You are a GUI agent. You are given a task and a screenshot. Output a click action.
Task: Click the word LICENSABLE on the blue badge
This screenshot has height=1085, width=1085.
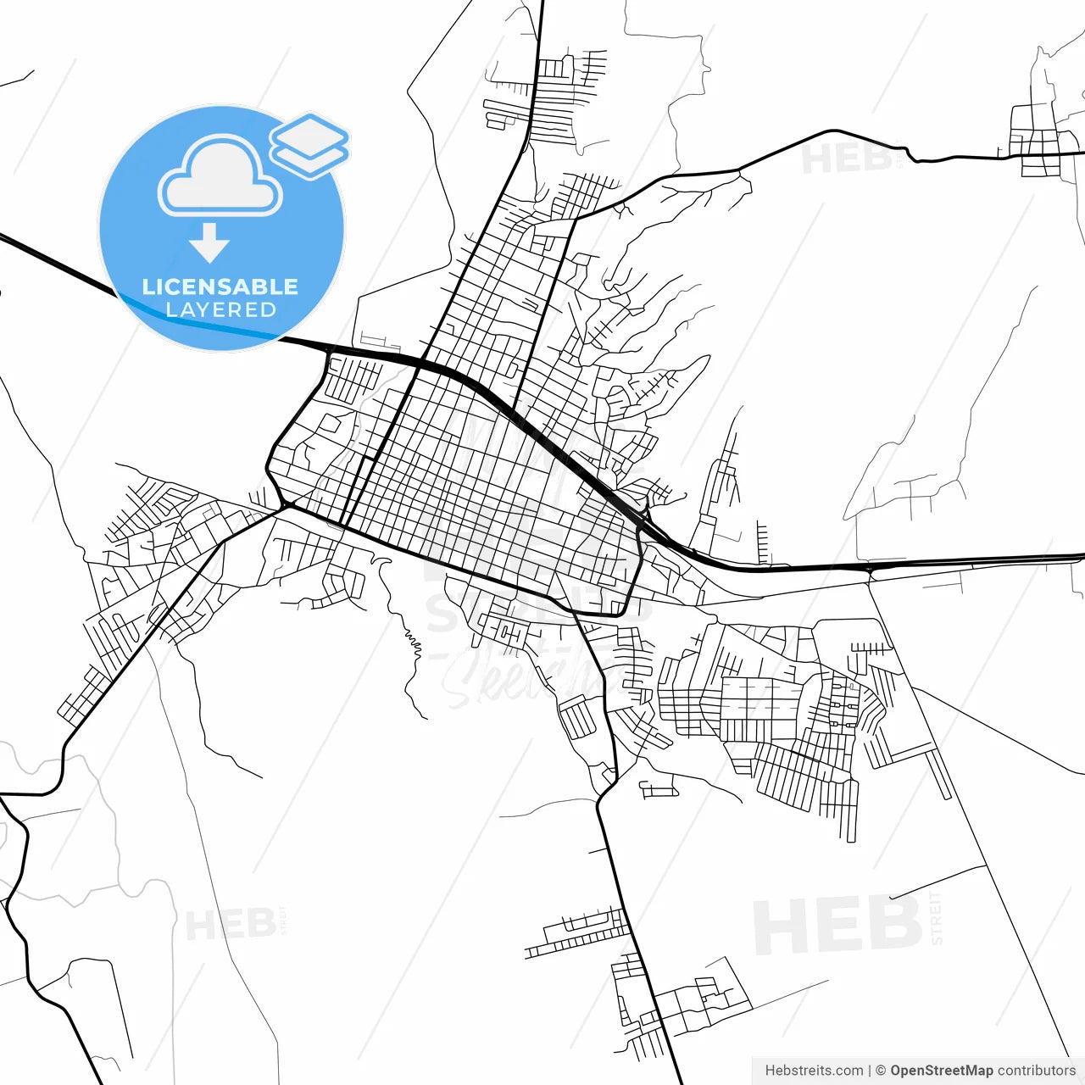click(220, 287)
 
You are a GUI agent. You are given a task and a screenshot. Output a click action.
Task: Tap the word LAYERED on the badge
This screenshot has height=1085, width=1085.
click(220, 309)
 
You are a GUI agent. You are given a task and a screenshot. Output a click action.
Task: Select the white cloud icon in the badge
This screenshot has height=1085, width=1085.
click(220, 176)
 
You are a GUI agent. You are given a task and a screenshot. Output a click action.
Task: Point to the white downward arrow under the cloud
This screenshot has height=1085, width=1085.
click(209, 242)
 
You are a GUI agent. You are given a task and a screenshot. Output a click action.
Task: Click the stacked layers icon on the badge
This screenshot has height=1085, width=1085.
click(309, 145)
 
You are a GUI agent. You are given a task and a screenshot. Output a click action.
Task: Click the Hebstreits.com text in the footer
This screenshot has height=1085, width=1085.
click(814, 1071)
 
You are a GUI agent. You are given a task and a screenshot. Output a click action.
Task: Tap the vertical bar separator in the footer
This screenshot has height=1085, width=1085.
click(870, 1071)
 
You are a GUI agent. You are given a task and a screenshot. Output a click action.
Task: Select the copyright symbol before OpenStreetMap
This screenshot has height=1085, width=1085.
click(881, 1071)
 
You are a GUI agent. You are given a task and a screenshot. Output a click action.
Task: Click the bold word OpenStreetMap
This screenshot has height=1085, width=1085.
click(942, 1071)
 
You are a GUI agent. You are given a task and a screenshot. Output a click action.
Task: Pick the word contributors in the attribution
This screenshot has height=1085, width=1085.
click(1037, 1071)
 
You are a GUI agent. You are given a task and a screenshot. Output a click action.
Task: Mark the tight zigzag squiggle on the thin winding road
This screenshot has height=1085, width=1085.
click(413, 642)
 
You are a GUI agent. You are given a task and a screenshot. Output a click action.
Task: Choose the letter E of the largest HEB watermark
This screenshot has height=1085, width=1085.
click(837, 925)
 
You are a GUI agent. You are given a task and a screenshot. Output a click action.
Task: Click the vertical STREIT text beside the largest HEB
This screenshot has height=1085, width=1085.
click(936, 918)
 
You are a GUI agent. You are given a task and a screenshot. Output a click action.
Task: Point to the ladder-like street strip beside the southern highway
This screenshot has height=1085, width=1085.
click(577, 932)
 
